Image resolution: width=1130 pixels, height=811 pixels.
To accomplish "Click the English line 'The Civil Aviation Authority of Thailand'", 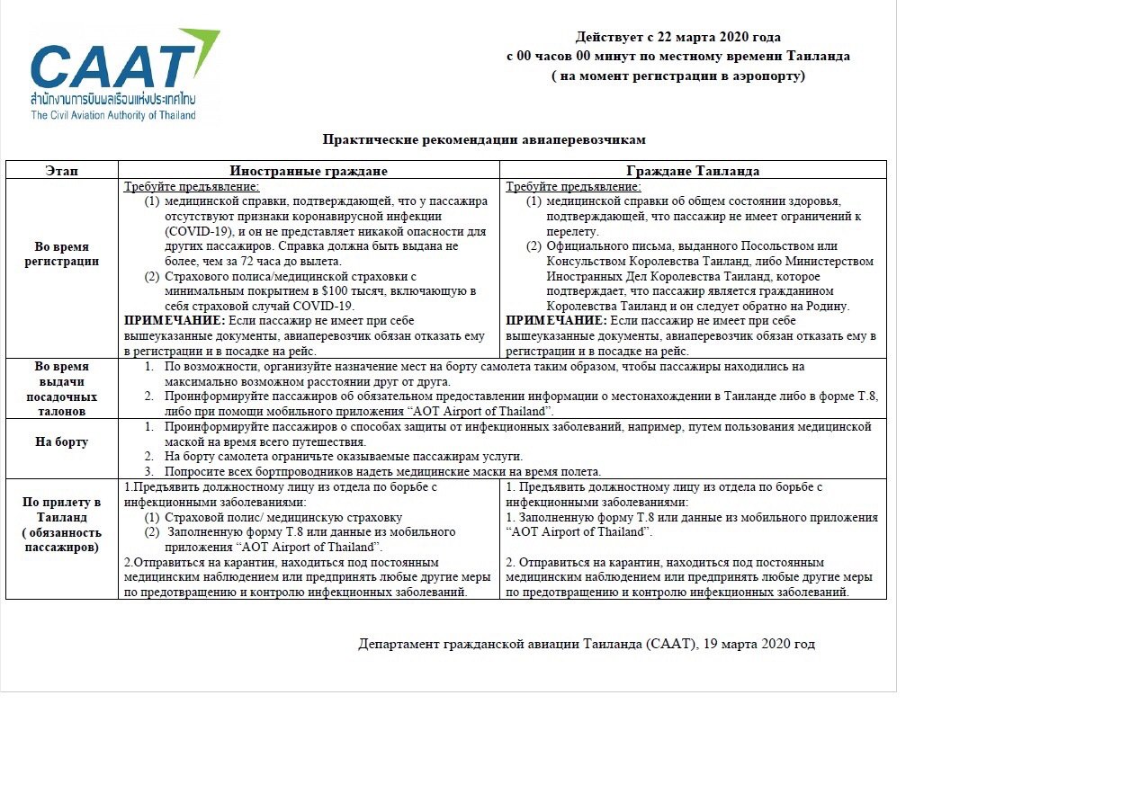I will coord(113,115).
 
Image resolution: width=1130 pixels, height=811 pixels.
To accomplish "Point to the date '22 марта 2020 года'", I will coord(725,37).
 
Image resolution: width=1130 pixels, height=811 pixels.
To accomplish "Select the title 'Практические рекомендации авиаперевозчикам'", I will coord(484,139).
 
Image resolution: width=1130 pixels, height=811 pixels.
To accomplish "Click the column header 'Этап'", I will coord(62,171).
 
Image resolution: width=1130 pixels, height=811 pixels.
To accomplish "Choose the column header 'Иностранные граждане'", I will coord(309,171).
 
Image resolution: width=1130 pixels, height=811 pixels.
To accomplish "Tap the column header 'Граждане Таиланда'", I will coord(693,171).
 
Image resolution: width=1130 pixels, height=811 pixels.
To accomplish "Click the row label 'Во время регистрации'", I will coord(62,254).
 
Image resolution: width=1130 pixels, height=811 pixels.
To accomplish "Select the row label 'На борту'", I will coord(62,441).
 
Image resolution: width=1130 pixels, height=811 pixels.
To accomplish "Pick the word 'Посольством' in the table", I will coord(802,246).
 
